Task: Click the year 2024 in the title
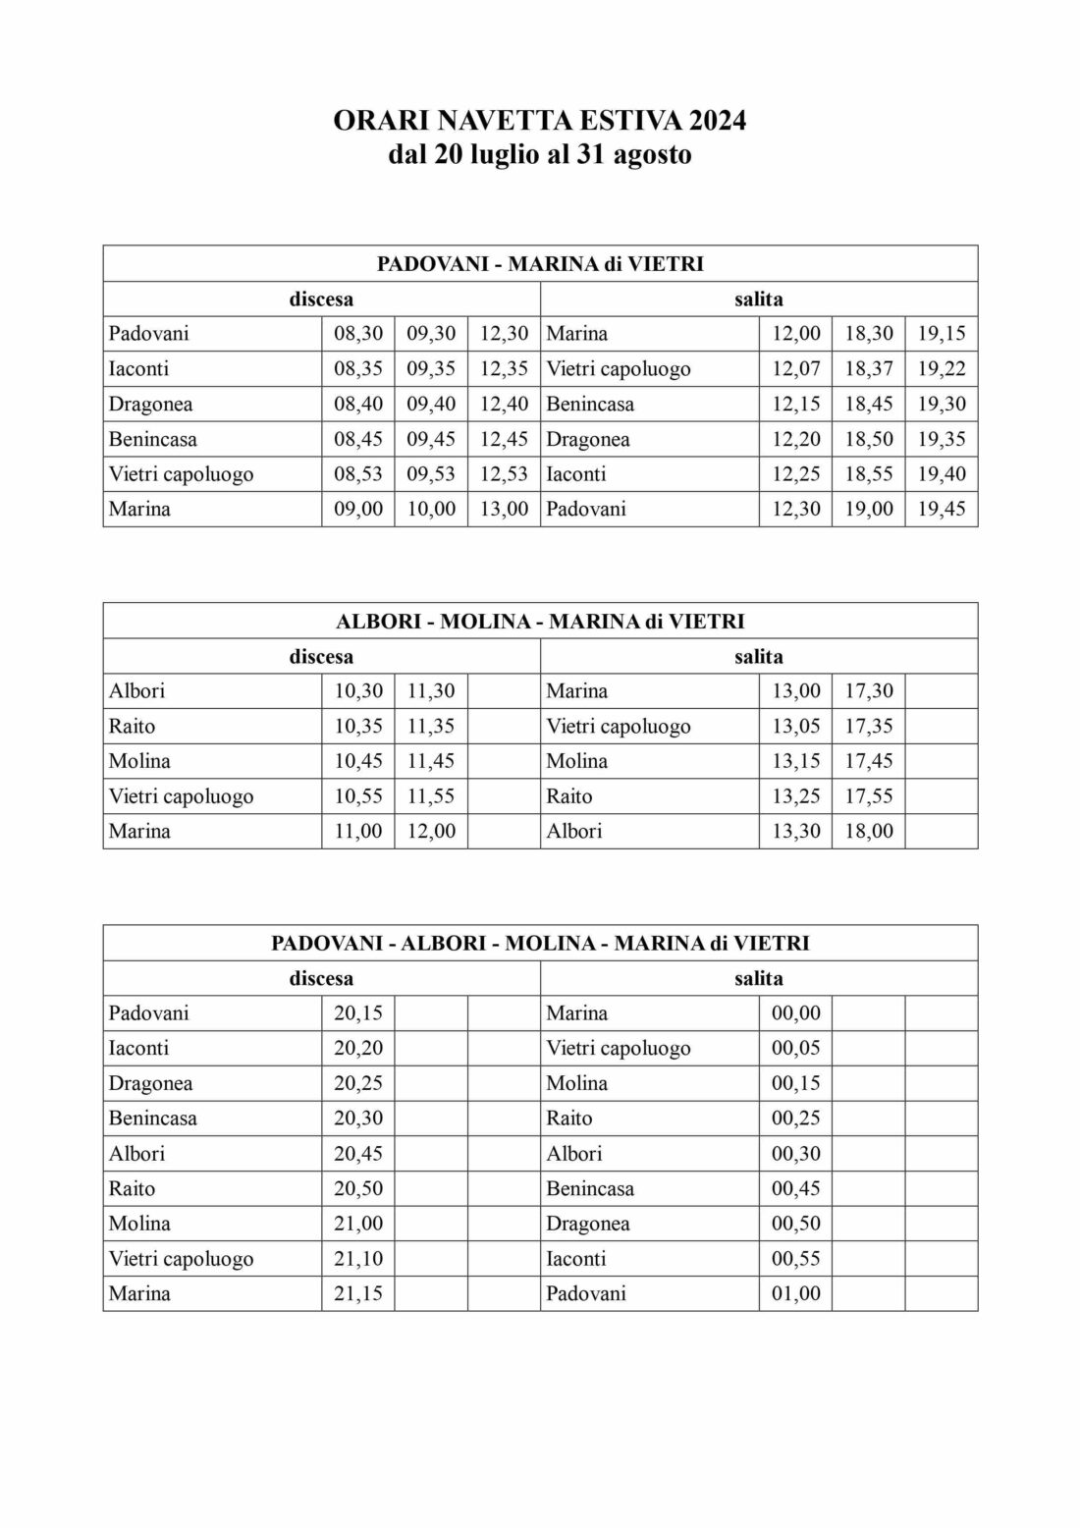pos(717,121)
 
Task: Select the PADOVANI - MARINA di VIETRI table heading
pos(540,264)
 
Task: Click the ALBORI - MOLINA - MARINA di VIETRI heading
pos(540,622)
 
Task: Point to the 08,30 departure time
pos(358,334)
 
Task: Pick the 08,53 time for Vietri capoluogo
pos(358,474)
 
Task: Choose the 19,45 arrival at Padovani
pos(942,510)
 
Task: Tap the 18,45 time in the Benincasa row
pos(869,405)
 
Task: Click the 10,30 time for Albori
pos(358,691)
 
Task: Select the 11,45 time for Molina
pos(431,761)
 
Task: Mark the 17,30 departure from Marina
pos(869,691)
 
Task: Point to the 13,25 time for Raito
pos(796,796)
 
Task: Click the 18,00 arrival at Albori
pos(869,832)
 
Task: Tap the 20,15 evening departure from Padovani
pos(358,1013)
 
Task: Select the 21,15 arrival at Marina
pos(358,1294)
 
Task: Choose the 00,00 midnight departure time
pos(796,1013)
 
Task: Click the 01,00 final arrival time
pos(796,1294)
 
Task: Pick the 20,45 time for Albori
pos(358,1154)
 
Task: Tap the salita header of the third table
pos(759,979)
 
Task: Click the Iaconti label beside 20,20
pos(139,1049)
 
